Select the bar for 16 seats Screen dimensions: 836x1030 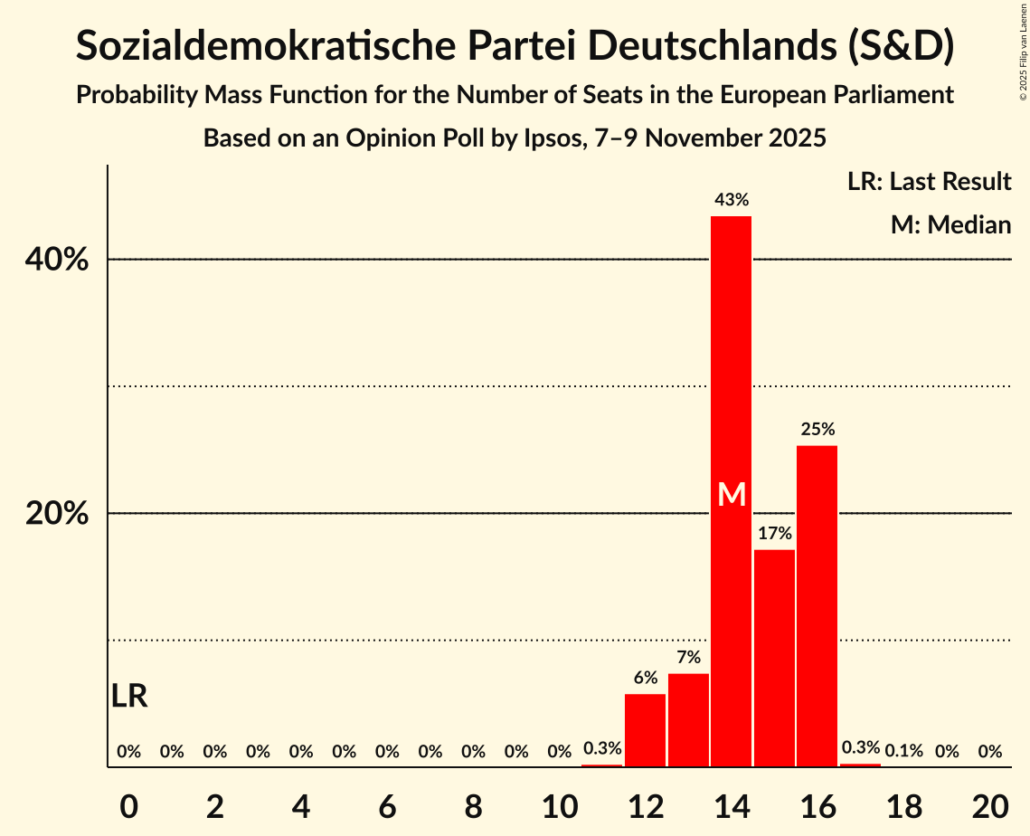coord(817,606)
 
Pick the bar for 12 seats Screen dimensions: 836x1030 coord(645,730)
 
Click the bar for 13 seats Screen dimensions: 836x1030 coord(688,720)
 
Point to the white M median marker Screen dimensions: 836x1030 coord(731,495)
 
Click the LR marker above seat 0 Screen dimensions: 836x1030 coord(129,697)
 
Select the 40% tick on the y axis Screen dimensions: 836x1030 coord(56,261)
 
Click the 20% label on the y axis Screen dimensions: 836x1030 coord(56,514)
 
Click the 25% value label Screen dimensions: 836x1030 coord(817,430)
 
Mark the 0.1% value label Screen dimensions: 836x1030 coord(903,751)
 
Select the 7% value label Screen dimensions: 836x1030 coord(688,658)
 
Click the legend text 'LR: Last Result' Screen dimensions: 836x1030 coord(929,182)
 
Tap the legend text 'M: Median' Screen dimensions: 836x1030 coord(950,225)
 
